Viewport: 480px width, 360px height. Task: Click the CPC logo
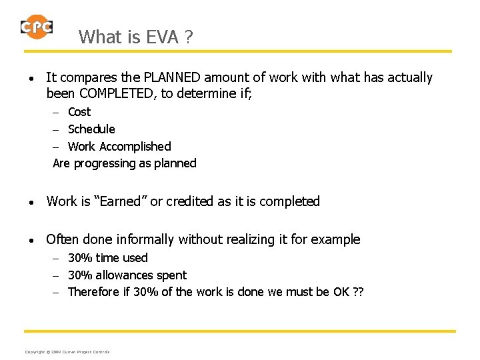point(36,27)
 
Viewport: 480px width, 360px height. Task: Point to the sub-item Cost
point(79,112)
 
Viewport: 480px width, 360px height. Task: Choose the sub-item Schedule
point(91,129)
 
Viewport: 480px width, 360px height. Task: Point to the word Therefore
point(95,292)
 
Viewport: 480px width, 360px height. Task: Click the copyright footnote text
point(67,351)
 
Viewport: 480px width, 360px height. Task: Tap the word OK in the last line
point(340,292)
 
